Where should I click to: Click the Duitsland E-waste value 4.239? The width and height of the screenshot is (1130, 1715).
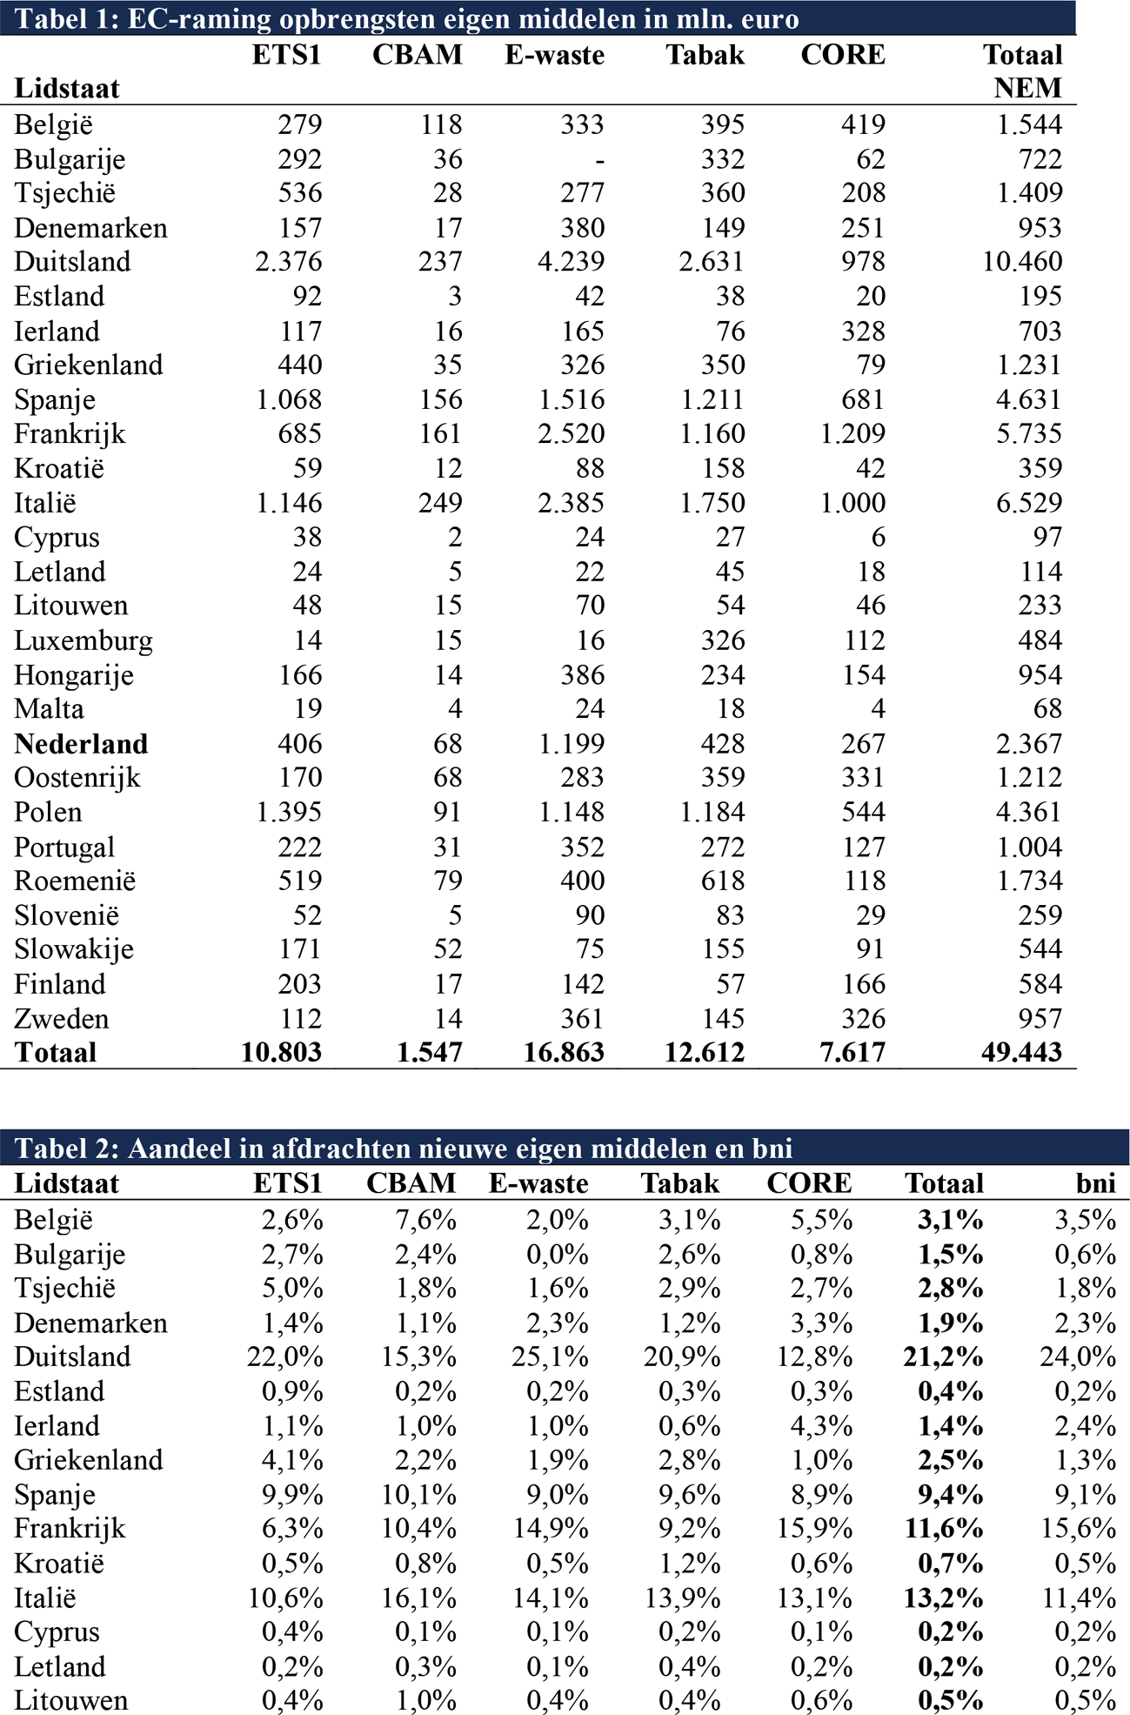[571, 262]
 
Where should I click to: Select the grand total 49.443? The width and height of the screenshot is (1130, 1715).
[1021, 1052]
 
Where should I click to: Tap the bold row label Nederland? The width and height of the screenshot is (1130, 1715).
[81, 744]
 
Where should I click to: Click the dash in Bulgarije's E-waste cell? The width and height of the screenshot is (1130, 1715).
[598, 160]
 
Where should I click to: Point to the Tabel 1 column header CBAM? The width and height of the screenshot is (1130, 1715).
[417, 55]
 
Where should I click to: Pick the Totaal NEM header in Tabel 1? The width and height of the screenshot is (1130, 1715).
[1024, 71]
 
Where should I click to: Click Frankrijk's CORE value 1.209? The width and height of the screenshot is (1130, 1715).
[853, 433]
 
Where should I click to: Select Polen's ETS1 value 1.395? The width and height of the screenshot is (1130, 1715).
[289, 812]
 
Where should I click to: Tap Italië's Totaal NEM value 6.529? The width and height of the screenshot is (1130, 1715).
[1029, 503]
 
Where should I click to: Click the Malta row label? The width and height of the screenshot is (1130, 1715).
[50, 709]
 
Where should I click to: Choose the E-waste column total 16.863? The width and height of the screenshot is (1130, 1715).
[564, 1052]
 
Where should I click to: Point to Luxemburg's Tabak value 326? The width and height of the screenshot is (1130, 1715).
[723, 640]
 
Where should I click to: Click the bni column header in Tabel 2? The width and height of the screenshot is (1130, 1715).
[1095, 1183]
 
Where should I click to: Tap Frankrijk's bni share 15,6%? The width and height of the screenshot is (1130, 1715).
[1079, 1529]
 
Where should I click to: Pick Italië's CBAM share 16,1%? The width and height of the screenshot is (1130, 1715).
[419, 1598]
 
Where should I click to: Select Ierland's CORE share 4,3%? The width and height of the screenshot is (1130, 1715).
[821, 1426]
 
